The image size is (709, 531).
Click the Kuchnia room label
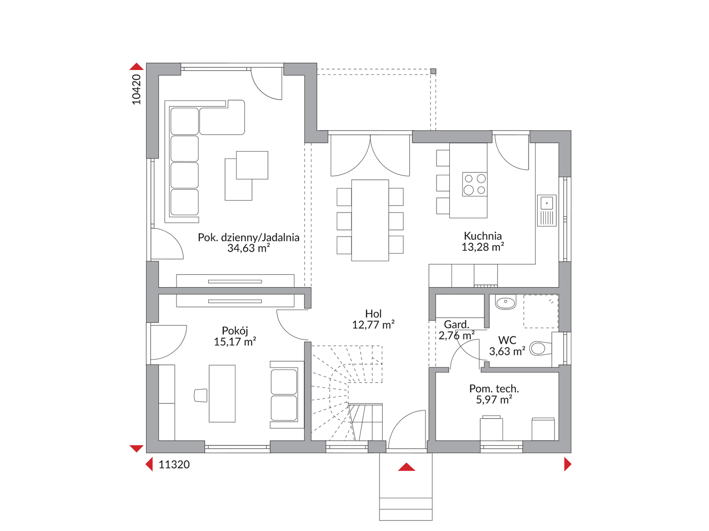(483, 236)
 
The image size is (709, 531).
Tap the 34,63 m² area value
(248, 248)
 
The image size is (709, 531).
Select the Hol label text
(373, 314)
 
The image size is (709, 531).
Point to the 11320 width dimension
(174, 465)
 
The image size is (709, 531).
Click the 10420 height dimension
(137, 89)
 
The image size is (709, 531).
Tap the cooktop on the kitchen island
(474, 184)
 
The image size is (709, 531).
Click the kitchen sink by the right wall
(546, 210)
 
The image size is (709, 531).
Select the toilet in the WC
(541, 348)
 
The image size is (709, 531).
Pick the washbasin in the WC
(505, 303)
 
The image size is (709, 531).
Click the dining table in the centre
(370, 220)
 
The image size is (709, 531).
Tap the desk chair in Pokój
(200, 395)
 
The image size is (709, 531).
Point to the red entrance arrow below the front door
(406, 467)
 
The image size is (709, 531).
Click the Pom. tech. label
(494, 389)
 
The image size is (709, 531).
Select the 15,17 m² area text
(235, 341)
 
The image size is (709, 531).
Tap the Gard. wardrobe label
(456, 324)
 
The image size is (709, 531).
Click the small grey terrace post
(433, 71)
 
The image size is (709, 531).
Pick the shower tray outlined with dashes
(541, 311)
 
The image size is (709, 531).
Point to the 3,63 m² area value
(507, 351)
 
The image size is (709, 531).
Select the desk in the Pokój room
(222, 393)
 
